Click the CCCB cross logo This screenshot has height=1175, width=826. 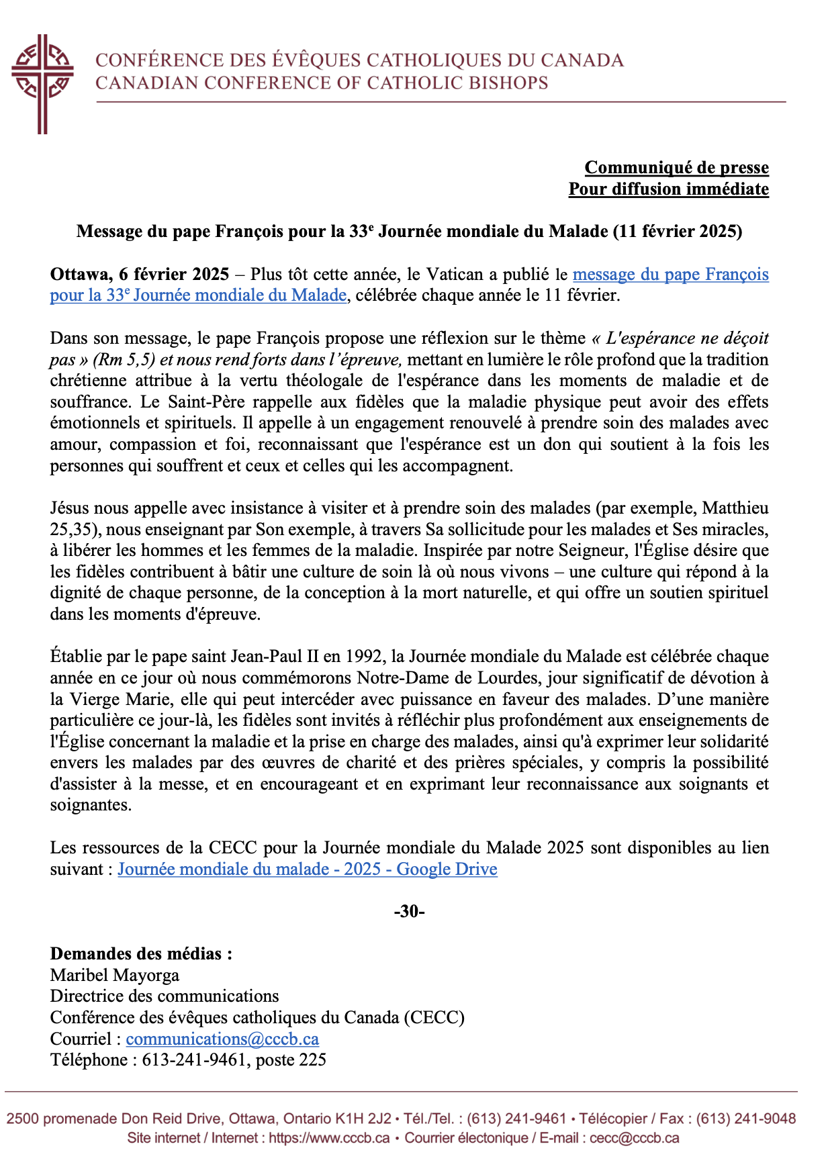(42, 83)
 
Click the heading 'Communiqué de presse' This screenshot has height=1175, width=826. (676, 167)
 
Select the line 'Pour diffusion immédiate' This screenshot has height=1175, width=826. (668, 189)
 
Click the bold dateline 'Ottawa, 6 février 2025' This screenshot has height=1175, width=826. (140, 274)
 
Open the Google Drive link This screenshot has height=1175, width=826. (308, 869)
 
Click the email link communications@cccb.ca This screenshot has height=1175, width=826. (222, 1039)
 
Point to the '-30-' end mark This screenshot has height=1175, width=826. (409, 911)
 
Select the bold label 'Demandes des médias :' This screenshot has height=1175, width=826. (141, 953)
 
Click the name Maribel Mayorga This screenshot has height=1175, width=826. (115, 975)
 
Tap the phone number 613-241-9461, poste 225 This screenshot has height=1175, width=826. (234, 1060)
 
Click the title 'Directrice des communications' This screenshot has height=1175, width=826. (165, 996)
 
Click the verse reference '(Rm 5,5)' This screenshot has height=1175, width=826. (124, 360)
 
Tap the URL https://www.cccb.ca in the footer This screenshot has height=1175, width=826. (329, 1138)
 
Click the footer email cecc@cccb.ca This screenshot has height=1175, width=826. (634, 1138)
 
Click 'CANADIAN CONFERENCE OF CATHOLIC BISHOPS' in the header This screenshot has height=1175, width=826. (322, 83)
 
